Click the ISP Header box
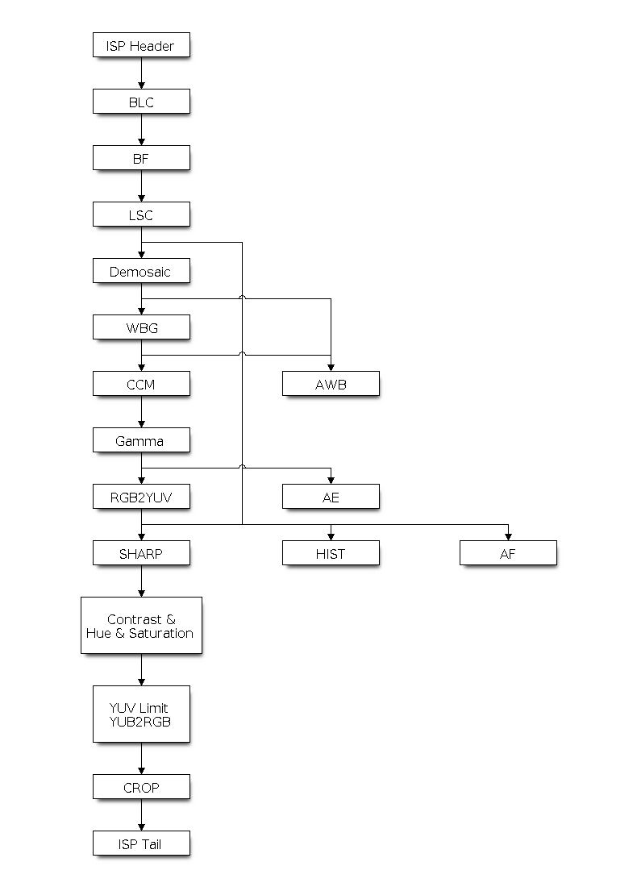coord(141,45)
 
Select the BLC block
coord(141,102)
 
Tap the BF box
coord(141,158)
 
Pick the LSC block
coord(141,214)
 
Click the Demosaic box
coord(141,271)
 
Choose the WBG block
coord(141,327)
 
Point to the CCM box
coord(141,384)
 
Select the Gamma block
coord(141,440)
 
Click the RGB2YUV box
coord(141,497)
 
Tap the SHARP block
coord(141,553)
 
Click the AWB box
coord(331,384)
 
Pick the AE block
coord(331,497)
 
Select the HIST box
coord(331,553)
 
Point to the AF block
coord(508,553)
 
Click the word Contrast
coord(129,619)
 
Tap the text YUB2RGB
coord(141,722)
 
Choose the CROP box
coord(141,787)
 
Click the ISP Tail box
coord(141,843)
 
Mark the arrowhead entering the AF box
coord(508,536)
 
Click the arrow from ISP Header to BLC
coord(141,73)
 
